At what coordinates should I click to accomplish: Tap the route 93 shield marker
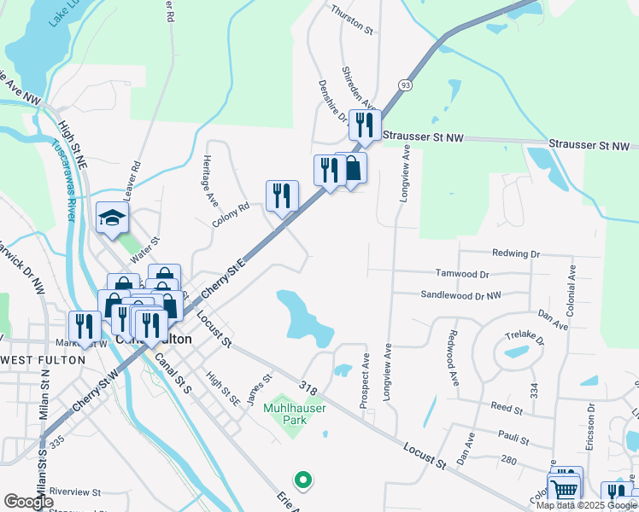405,85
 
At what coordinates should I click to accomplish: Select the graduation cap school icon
112,219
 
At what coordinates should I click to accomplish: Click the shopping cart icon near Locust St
563,489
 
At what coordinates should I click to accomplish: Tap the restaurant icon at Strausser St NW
365,125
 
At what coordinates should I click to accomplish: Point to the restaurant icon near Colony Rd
282,196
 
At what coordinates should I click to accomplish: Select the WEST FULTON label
42,360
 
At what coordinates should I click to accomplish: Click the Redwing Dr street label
516,253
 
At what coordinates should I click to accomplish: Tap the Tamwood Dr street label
461,275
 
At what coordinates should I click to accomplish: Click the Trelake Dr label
525,338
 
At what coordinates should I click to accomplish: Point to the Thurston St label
353,29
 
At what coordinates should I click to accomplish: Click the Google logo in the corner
29,502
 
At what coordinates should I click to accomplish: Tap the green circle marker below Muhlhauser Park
300,478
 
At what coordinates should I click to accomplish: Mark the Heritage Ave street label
209,180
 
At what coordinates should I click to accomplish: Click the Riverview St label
75,492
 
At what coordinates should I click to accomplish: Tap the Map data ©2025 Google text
587,505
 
